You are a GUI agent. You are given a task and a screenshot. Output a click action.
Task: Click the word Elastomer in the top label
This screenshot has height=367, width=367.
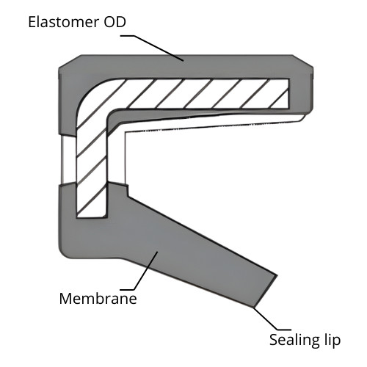point(63,22)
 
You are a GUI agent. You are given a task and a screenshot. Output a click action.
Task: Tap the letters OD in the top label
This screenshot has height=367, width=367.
point(115,22)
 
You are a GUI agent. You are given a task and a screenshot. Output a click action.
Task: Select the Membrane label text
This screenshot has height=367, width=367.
point(98,299)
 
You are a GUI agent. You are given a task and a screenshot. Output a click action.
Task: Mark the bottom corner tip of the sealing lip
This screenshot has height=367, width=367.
point(253,307)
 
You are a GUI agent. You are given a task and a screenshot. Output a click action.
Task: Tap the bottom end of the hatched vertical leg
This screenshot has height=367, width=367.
point(92,217)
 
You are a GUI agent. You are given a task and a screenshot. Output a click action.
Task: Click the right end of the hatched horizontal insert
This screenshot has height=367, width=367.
point(288,93)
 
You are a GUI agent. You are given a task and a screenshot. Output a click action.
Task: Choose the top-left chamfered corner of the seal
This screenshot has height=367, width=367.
point(70,61)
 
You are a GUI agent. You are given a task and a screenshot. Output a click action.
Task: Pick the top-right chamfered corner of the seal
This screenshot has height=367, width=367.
point(303,61)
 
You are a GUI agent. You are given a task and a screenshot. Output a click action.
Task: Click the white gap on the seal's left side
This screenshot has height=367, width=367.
point(68,159)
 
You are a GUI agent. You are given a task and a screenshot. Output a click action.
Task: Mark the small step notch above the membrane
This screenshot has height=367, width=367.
point(127,190)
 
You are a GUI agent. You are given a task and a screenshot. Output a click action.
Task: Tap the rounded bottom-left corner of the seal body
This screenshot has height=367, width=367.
point(64,252)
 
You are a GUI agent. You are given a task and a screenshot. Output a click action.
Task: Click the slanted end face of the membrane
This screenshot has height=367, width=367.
point(266,291)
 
